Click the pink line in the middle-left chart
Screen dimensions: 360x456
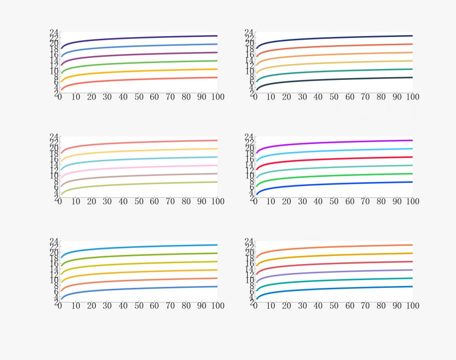[137, 167]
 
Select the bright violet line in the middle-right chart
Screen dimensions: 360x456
[333, 142]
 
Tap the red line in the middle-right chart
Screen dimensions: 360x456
[333, 159]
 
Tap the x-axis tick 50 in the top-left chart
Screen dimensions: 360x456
[139, 97]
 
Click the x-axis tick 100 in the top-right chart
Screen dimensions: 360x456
[412, 97]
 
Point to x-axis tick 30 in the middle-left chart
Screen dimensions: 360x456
[107, 201]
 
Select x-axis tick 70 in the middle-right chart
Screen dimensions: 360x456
[365, 201]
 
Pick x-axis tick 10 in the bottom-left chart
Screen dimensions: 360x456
[76, 306]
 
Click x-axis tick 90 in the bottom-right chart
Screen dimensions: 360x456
[397, 306]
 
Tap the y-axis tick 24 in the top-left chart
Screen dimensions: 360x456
[54, 32]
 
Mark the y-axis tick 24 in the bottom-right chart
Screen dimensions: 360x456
[249, 241]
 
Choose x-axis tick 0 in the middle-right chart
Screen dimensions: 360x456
[255, 201]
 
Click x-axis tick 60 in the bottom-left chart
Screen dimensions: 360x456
[154, 306]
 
